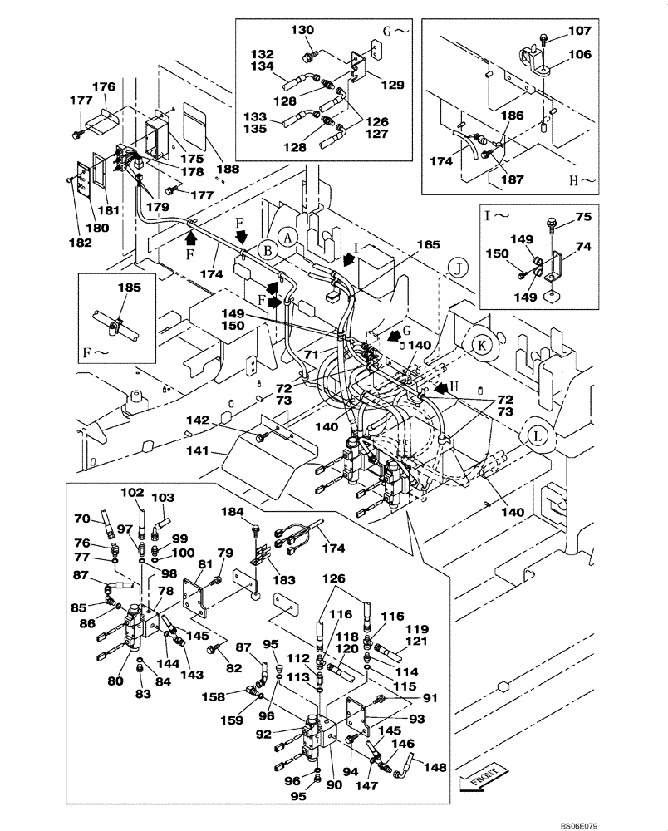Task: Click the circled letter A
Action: (x=287, y=236)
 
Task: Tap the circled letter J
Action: (x=456, y=267)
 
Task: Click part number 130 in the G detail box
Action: (x=302, y=30)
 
